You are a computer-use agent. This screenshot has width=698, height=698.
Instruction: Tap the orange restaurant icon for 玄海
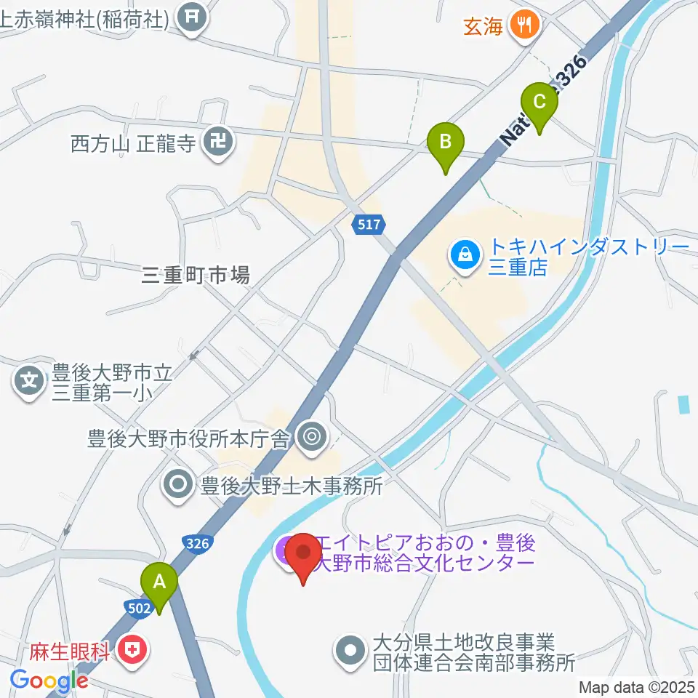(523, 25)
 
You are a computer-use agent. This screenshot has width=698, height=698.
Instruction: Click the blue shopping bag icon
(462, 255)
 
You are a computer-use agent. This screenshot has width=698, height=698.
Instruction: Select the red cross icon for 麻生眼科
(133, 649)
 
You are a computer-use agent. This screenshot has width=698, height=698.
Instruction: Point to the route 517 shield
(369, 225)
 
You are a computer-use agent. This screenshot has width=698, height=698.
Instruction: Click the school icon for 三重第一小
(30, 380)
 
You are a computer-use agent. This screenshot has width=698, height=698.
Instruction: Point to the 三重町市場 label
(196, 275)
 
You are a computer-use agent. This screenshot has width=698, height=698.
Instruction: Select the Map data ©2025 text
(636, 686)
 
